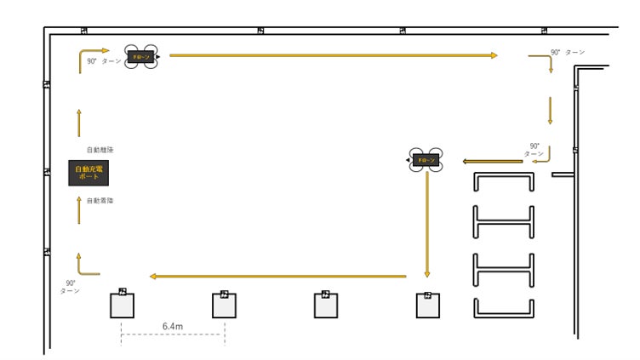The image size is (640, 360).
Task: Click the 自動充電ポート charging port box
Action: tap(89, 173)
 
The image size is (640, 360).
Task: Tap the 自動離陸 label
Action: tap(100, 150)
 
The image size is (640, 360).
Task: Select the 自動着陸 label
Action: tap(100, 200)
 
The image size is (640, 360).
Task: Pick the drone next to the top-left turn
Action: tap(141, 57)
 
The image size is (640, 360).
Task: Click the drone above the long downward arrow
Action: tap(426, 160)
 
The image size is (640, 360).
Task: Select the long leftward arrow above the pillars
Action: tap(277, 276)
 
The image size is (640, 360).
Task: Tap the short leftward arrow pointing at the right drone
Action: tap(492, 161)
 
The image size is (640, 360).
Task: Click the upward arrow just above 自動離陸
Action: tap(79, 123)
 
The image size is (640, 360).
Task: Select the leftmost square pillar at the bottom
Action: tap(122, 306)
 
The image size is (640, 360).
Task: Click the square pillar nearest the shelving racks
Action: tap(428, 306)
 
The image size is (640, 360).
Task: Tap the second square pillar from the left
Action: tap(224, 306)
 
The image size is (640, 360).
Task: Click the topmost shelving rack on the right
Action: tap(504, 182)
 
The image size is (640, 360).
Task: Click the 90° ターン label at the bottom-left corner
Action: tap(70, 287)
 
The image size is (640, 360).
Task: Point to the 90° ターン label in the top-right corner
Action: tap(568, 53)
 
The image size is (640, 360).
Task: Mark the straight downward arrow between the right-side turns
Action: tap(550, 110)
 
